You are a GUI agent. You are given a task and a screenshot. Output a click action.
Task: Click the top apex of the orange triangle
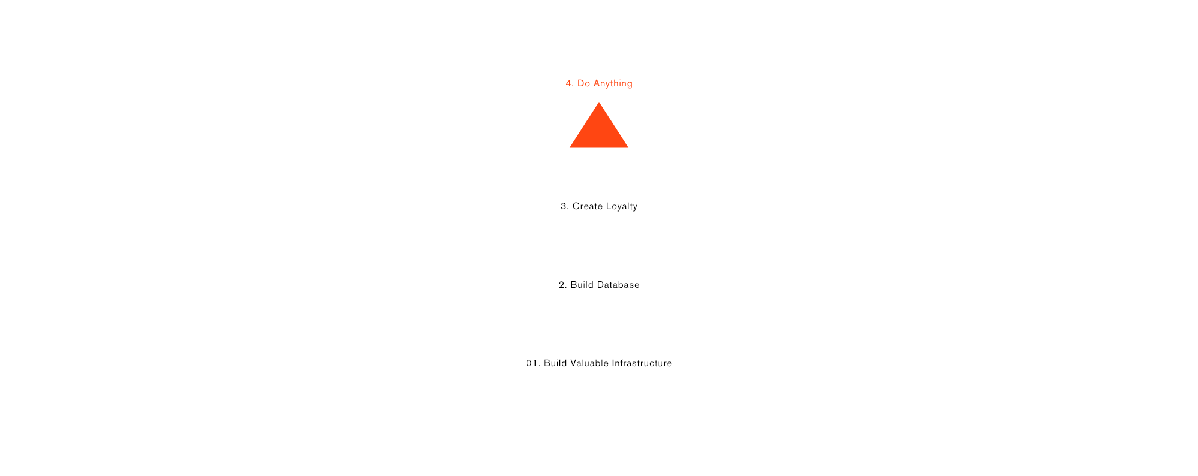(x=599, y=102)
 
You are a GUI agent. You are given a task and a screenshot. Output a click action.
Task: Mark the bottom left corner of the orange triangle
(x=569, y=147)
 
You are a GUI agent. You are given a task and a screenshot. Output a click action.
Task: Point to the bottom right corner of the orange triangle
(x=628, y=147)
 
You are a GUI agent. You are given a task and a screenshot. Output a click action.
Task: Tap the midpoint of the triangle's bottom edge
(x=599, y=147)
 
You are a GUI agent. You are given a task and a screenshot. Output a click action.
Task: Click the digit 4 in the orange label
(x=568, y=83)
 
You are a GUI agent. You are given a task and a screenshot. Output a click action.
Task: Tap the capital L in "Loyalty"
(x=609, y=206)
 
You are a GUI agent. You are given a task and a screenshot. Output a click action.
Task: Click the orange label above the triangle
(x=599, y=83)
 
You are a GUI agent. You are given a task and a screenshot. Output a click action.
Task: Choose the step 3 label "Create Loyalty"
(x=599, y=206)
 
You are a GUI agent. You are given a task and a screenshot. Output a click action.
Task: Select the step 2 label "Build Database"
(x=599, y=285)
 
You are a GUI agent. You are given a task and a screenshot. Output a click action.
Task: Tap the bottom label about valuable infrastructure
(x=599, y=363)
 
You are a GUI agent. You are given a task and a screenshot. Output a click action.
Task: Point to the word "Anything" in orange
(x=613, y=84)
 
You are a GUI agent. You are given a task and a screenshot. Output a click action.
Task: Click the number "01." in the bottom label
(x=533, y=363)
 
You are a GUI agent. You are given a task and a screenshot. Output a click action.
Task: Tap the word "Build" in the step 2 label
(x=581, y=285)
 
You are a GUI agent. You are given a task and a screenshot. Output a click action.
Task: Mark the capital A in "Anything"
(x=597, y=83)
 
